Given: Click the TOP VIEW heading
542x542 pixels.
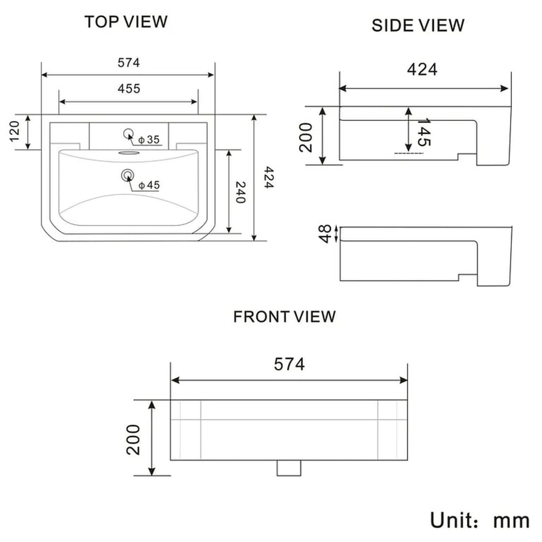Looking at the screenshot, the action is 126,22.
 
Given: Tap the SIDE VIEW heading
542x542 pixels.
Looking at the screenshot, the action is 418,26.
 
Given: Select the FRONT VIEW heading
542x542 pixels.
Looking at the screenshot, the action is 284,317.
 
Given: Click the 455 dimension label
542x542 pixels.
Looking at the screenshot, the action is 129,89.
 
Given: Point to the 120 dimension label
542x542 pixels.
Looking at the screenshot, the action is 14,132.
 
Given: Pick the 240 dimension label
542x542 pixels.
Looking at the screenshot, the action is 241,192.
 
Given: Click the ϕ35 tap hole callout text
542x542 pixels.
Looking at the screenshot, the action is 149,139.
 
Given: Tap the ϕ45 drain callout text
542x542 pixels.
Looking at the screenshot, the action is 149,185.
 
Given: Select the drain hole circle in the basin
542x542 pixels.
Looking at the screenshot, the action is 127,176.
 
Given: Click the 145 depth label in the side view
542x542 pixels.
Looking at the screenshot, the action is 424,132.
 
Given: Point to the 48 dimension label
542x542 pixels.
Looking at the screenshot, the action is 325,234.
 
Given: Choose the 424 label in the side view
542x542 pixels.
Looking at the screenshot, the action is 422,69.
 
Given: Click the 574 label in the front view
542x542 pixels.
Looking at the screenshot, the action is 289,364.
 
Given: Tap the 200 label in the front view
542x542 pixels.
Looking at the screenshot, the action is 133,439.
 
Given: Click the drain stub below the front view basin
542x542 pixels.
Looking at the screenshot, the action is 289,468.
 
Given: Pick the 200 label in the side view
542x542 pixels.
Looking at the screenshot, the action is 306,137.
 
